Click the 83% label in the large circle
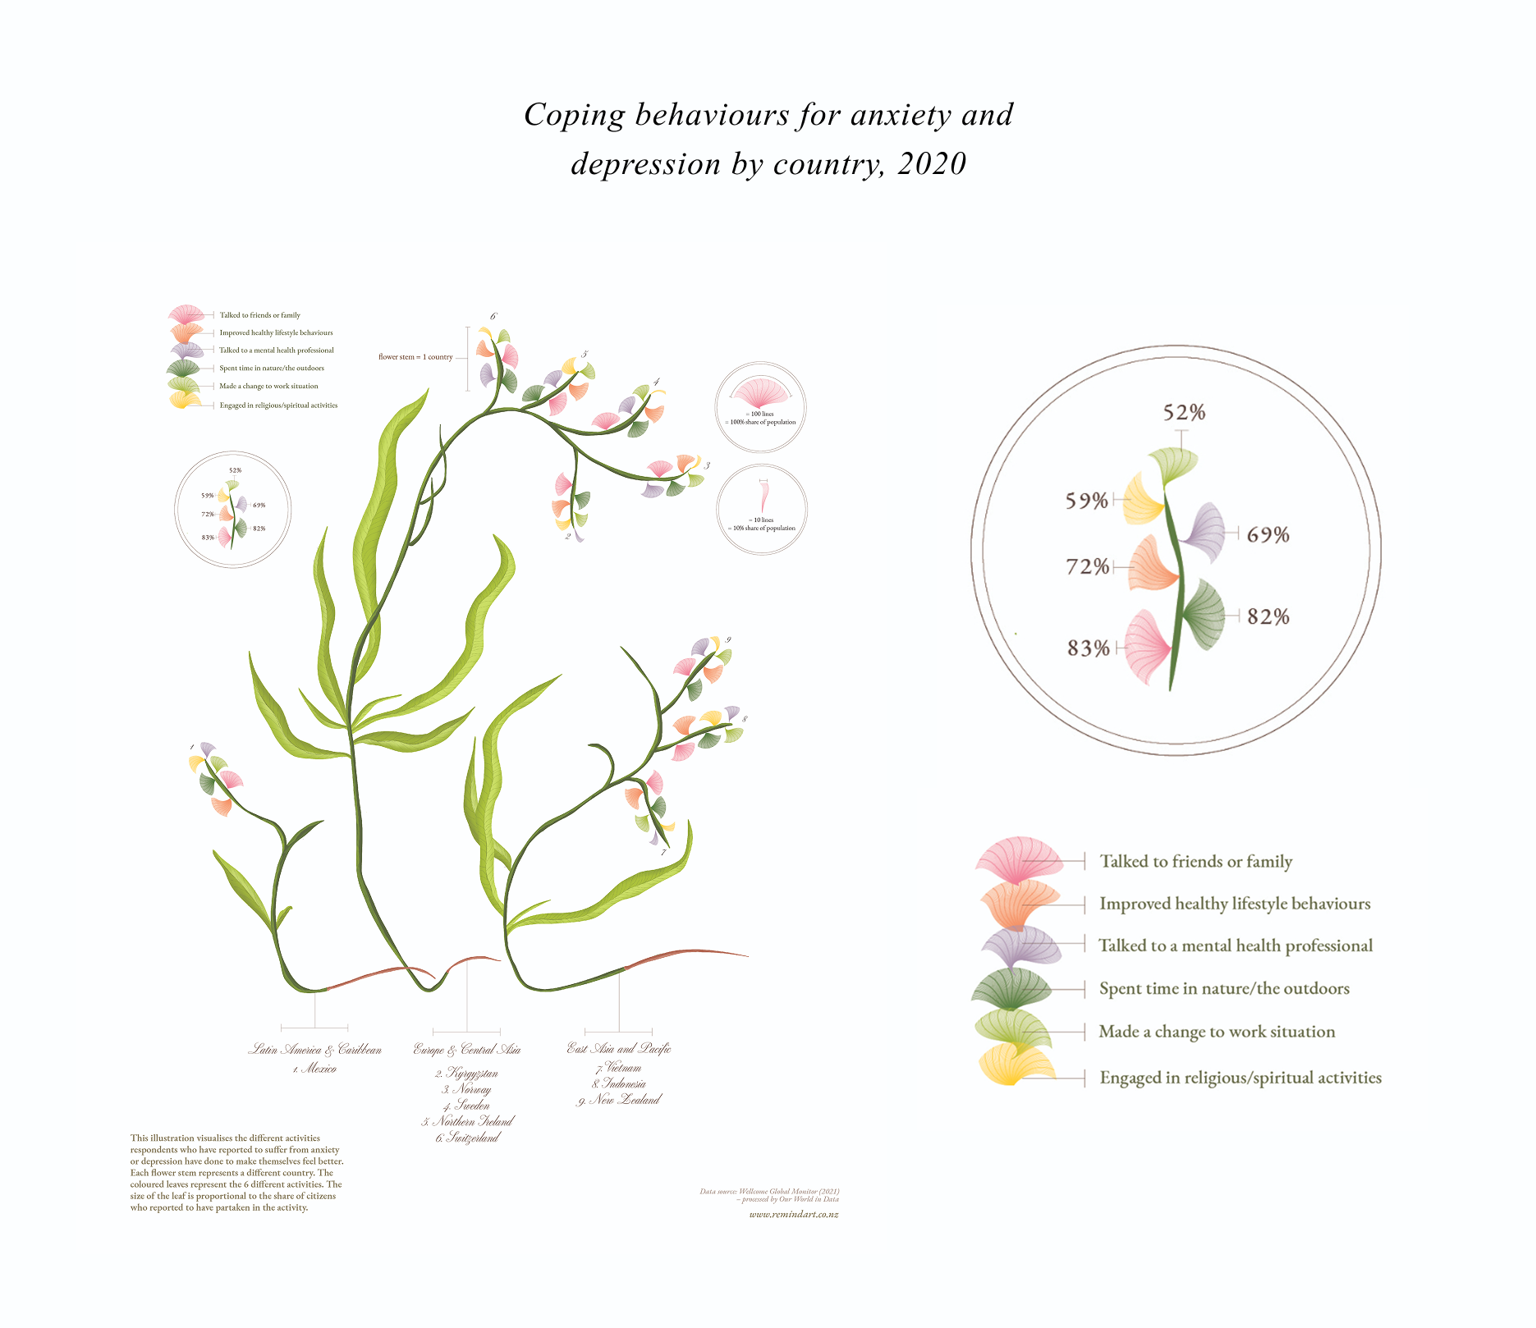[x=1088, y=648]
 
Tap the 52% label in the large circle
[x=1184, y=412]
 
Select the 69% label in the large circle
[x=1268, y=535]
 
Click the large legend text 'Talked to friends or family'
[x=1195, y=861]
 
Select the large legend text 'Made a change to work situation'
[x=1217, y=1032]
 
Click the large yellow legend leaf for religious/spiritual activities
[x=1016, y=1065]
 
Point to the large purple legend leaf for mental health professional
[x=1020, y=946]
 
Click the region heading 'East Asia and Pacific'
[x=619, y=1048]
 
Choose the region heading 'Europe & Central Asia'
[x=466, y=1050]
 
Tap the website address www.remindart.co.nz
[x=793, y=1214]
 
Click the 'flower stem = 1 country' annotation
[x=415, y=357]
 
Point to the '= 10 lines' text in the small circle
[x=761, y=520]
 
